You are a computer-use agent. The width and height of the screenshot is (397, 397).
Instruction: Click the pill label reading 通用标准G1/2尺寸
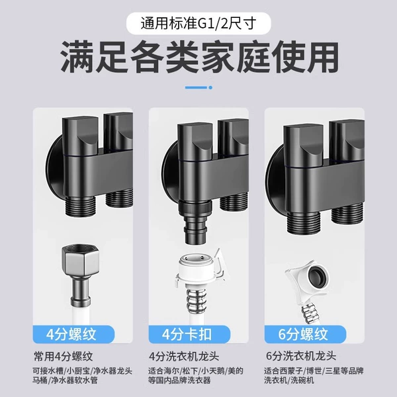(198, 24)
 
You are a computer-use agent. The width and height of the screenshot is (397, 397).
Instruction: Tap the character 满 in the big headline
(77, 57)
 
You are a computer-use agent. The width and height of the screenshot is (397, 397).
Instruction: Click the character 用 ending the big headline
(322, 57)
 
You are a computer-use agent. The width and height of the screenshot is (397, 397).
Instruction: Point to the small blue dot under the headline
(210, 87)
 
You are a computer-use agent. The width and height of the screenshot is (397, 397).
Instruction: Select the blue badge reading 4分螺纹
(73, 334)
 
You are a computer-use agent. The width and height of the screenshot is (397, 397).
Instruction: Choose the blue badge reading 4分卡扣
(189, 334)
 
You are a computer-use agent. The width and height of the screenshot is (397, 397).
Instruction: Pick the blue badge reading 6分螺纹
(305, 334)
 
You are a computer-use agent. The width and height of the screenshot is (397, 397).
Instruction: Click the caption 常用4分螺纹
(64, 357)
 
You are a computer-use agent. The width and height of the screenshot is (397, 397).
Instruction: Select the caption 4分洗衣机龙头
(184, 357)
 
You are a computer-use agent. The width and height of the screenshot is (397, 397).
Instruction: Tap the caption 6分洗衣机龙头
(301, 356)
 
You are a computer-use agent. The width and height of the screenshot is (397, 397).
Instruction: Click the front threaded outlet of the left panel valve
(80, 206)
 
